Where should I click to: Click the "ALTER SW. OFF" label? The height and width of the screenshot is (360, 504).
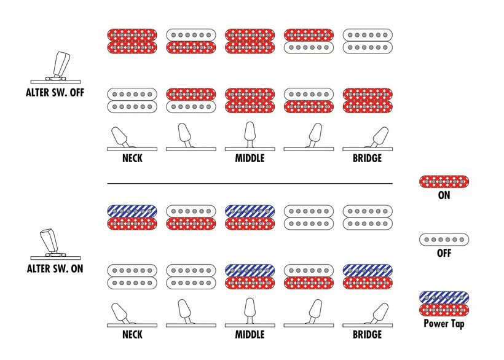55,93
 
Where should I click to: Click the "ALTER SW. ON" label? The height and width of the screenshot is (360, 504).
55,268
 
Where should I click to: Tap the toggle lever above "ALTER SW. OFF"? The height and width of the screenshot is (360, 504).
61,65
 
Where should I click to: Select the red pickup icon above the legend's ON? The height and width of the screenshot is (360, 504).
444,182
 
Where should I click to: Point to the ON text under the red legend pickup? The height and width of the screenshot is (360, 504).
444,195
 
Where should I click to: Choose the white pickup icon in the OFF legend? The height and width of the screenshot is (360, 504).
444,240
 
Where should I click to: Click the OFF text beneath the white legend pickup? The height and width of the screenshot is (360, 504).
444,253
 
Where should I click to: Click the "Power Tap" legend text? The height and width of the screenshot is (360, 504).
444,323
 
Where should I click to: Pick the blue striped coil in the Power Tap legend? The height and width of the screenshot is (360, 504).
444,298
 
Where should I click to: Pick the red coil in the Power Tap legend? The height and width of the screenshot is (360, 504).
444,310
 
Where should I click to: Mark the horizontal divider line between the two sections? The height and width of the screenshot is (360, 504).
250,184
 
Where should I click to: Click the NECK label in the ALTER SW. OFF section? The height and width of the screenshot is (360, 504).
132,158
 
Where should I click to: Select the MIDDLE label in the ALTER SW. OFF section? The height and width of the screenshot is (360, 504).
250,158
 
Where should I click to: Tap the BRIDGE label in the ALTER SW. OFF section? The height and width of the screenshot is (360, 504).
368,158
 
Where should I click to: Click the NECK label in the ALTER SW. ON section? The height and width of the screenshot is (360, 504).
132,334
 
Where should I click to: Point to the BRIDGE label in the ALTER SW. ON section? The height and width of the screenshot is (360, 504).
368,334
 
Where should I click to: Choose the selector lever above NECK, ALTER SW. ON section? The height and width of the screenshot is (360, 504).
120,312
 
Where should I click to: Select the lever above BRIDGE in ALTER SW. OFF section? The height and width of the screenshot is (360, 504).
380,137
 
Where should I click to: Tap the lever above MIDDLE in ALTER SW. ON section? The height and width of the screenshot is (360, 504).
250,309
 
